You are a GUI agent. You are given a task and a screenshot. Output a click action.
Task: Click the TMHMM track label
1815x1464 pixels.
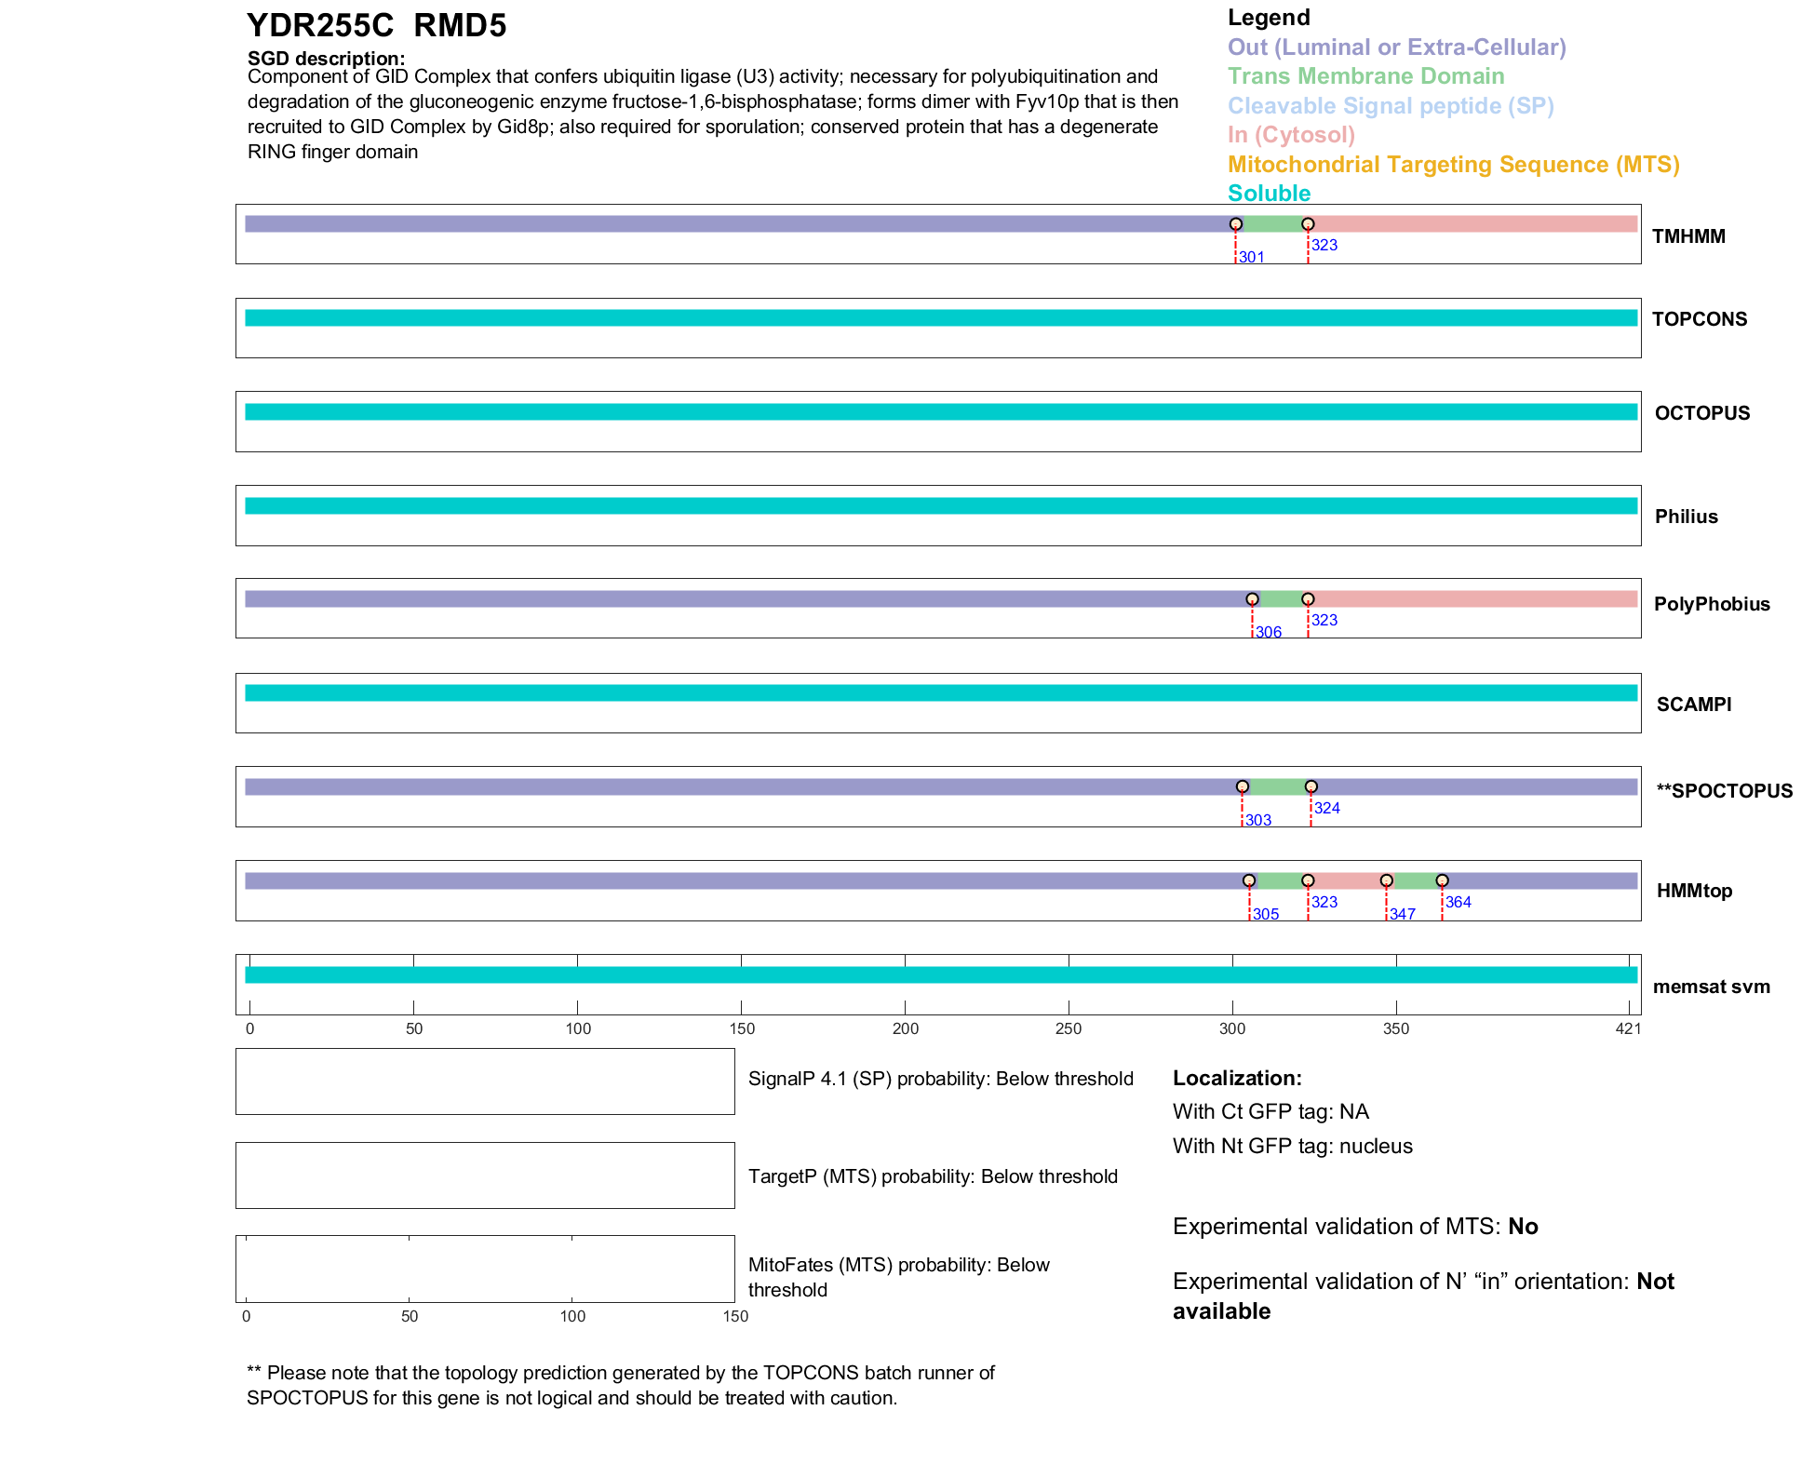(x=1687, y=236)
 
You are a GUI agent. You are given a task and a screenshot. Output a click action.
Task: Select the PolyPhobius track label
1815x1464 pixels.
(x=1711, y=604)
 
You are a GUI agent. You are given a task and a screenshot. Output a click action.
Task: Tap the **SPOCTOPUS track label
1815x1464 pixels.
(x=1724, y=791)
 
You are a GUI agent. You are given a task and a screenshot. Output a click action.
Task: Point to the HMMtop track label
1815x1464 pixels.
(x=1694, y=891)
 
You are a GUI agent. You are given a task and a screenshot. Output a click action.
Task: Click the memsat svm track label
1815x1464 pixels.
(x=1711, y=987)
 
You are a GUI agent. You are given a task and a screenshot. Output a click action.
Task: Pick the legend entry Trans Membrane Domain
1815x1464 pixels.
(x=1365, y=76)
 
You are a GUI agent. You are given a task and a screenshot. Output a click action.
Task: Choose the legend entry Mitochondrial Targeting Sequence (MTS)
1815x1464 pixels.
(x=1453, y=165)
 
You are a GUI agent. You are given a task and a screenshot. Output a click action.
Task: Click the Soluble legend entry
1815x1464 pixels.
(x=1269, y=194)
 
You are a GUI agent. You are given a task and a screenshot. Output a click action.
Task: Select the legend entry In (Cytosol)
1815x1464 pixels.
(x=1291, y=135)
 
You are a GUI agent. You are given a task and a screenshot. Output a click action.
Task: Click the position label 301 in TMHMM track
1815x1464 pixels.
(x=1251, y=258)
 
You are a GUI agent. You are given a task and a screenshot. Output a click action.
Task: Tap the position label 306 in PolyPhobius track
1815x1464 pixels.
(x=1268, y=633)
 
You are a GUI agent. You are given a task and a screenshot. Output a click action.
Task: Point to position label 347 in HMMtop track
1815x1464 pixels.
(x=1402, y=915)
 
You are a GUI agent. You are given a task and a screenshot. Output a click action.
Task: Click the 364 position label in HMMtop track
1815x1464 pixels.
(x=1458, y=902)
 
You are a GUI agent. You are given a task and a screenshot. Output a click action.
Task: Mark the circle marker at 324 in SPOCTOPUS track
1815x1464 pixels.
(x=1311, y=786)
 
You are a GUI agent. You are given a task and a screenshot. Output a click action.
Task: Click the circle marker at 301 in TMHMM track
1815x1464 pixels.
(x=1235, y=224)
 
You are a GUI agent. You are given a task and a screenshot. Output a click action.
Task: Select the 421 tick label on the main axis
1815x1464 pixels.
(x=1628, y=1028)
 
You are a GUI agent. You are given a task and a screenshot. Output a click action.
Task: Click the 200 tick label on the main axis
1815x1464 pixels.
(x=905, y=1028)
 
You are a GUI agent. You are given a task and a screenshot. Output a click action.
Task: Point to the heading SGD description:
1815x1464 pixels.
(x=326, y=59)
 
